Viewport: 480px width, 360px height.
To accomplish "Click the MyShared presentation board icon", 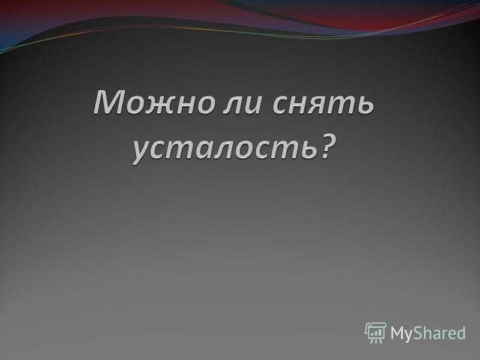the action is coord(376,332).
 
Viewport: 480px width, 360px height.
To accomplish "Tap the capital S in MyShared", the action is coord(418,333).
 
